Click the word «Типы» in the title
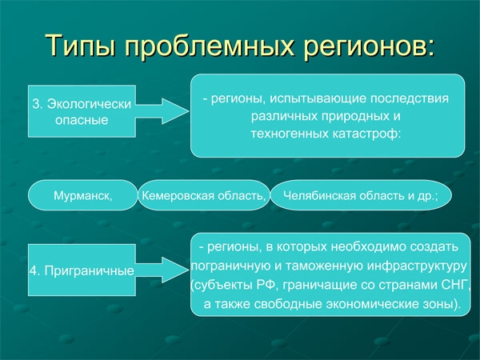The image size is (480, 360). (81, 46)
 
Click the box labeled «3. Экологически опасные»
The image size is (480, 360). (82, 111)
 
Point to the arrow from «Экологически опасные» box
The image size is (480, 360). (162, 111)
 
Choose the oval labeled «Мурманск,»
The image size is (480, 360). (83, 195)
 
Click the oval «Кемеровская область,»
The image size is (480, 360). (204, 195)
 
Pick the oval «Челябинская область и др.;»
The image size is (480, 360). (362, 195)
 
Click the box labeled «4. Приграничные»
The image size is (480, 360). (82, 270)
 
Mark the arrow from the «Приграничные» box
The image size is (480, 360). (162, 270)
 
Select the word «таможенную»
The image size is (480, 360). (325, 266)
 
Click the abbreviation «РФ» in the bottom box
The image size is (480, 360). (268, 286)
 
